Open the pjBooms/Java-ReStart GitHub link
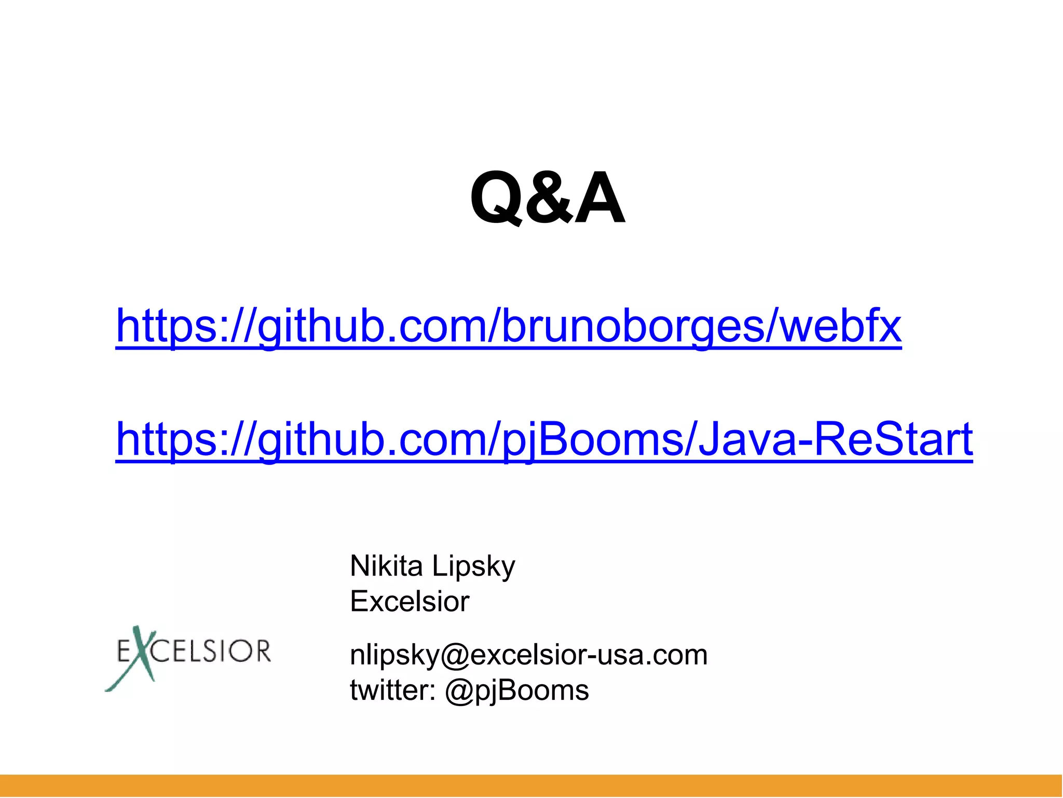tap(544, 439)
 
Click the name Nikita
tap(386, 566)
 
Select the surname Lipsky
tap(473, 567)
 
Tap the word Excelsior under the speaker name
tap(410, 602)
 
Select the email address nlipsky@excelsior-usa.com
tap(528, 655)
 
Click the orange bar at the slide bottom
tap(531, 786)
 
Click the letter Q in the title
tap(496, 199)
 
